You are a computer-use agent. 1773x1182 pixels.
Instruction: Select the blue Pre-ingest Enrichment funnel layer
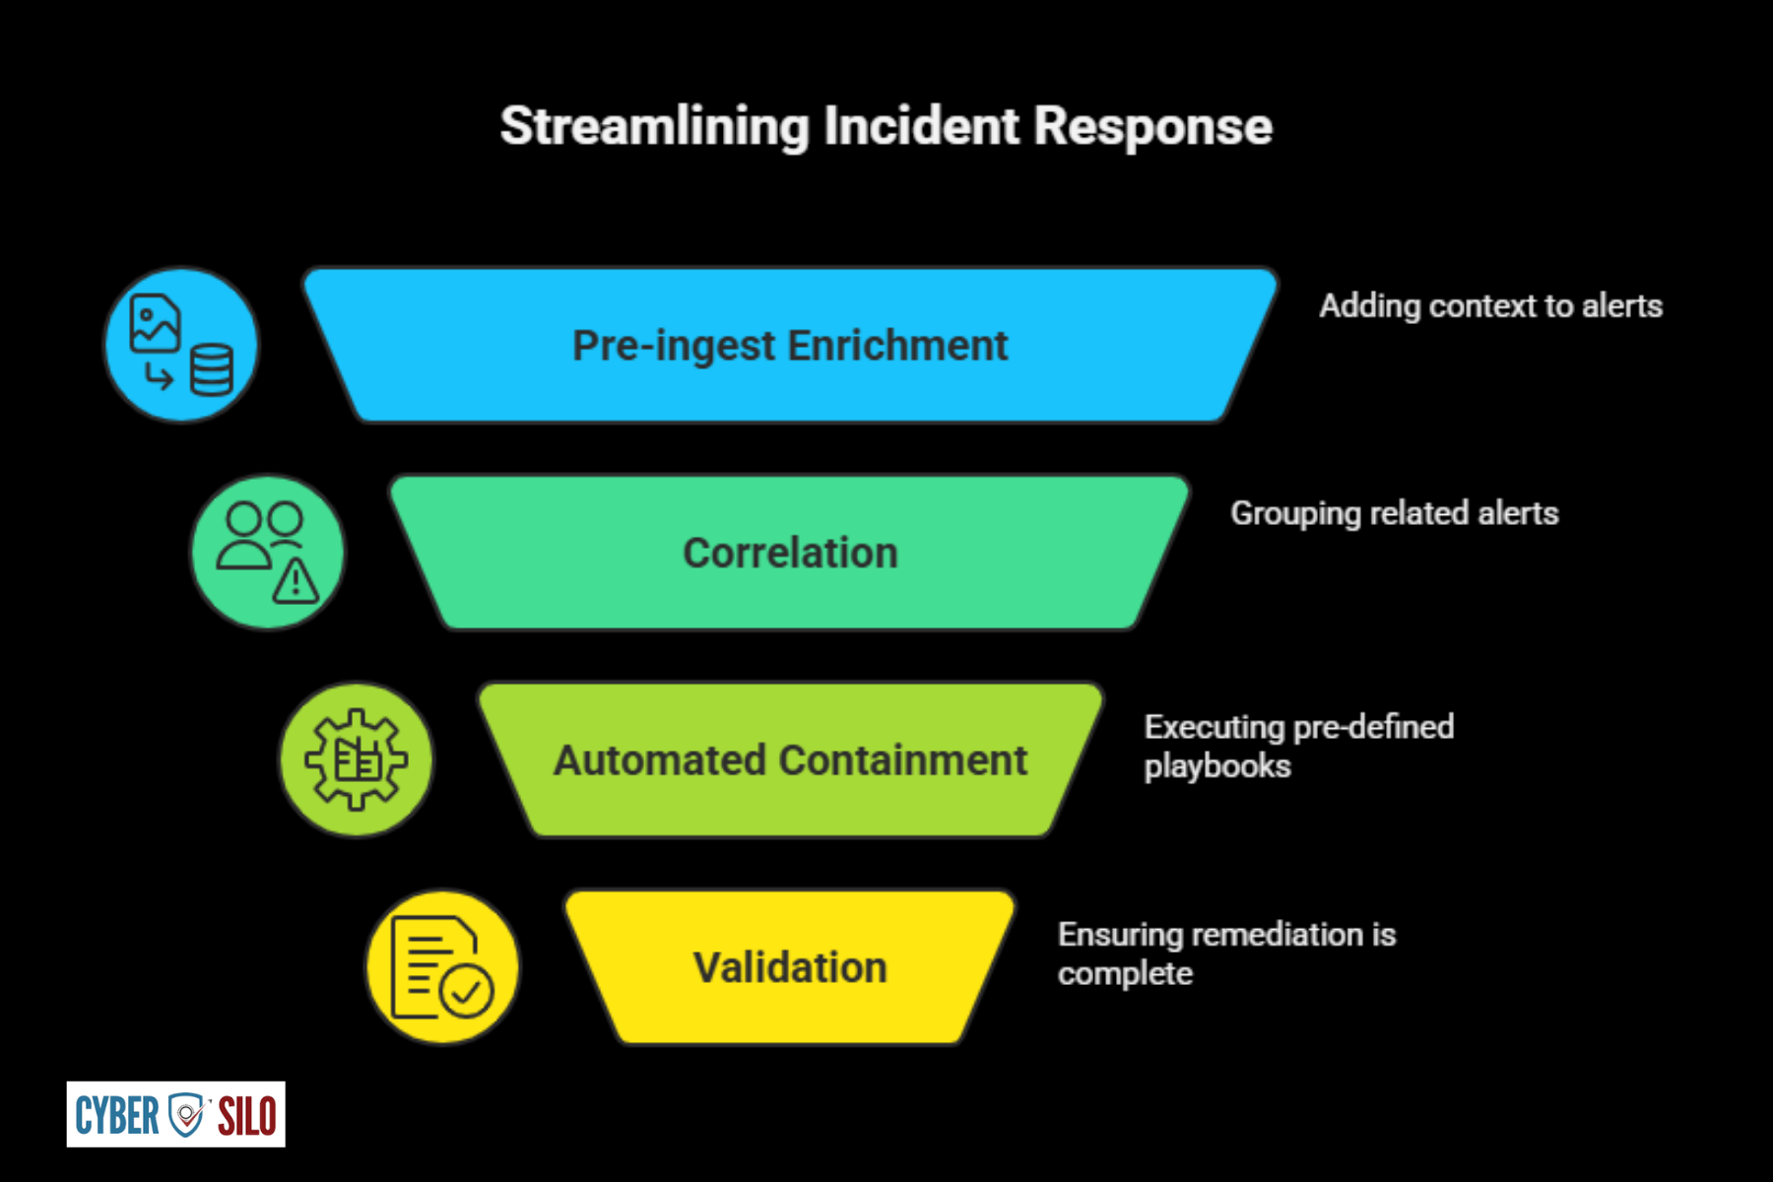click(790, 345)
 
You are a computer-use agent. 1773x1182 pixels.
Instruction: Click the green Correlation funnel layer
click(790, 553)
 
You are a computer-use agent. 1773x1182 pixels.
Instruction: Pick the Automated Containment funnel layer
click(790, 759)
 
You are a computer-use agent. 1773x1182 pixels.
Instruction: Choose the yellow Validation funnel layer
click(790, 967)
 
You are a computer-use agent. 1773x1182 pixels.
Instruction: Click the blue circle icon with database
click(181, 345)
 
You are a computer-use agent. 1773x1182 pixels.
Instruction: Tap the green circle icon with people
click(268, 553)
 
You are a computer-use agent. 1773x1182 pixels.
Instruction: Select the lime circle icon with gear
click(356, 759)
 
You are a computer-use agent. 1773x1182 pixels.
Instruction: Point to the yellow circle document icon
click(443, 967)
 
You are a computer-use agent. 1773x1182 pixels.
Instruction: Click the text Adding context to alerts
click(1491, 306)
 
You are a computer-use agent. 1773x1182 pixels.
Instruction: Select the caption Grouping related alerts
click(1395, 513)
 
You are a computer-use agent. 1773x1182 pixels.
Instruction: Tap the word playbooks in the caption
click(1217, 766)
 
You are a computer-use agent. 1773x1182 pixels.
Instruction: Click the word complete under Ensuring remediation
click(1125, 974)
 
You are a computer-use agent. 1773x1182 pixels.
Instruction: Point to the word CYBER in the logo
click(116, 1115)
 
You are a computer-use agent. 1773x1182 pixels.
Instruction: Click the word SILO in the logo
click(247, 1115)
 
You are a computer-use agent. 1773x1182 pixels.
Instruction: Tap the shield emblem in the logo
click(186, 1114)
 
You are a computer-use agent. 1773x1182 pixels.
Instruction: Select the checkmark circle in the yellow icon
click(467, 991)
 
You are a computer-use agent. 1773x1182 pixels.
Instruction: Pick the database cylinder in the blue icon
click(212, 369)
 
